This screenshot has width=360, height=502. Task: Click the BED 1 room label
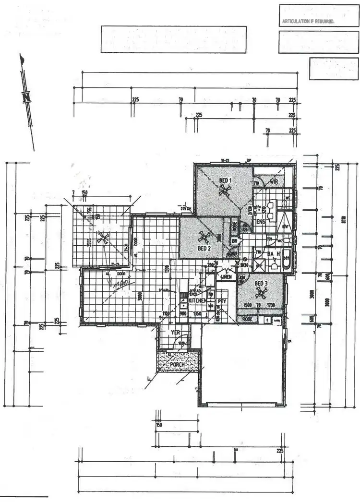coord(226,180)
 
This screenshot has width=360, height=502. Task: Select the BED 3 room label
coord(262,283)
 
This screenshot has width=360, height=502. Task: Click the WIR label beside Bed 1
coord(274,182)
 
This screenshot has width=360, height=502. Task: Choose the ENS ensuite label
coord(261,222)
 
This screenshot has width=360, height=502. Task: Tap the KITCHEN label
coord(197,300)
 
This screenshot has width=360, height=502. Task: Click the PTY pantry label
coord(222,301)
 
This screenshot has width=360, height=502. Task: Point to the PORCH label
coord(178,365)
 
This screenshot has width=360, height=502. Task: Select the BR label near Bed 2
coord(235,241)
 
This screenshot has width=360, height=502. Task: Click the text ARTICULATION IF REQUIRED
coord(307,22)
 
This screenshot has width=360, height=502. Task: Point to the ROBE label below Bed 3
coord(247,319)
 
